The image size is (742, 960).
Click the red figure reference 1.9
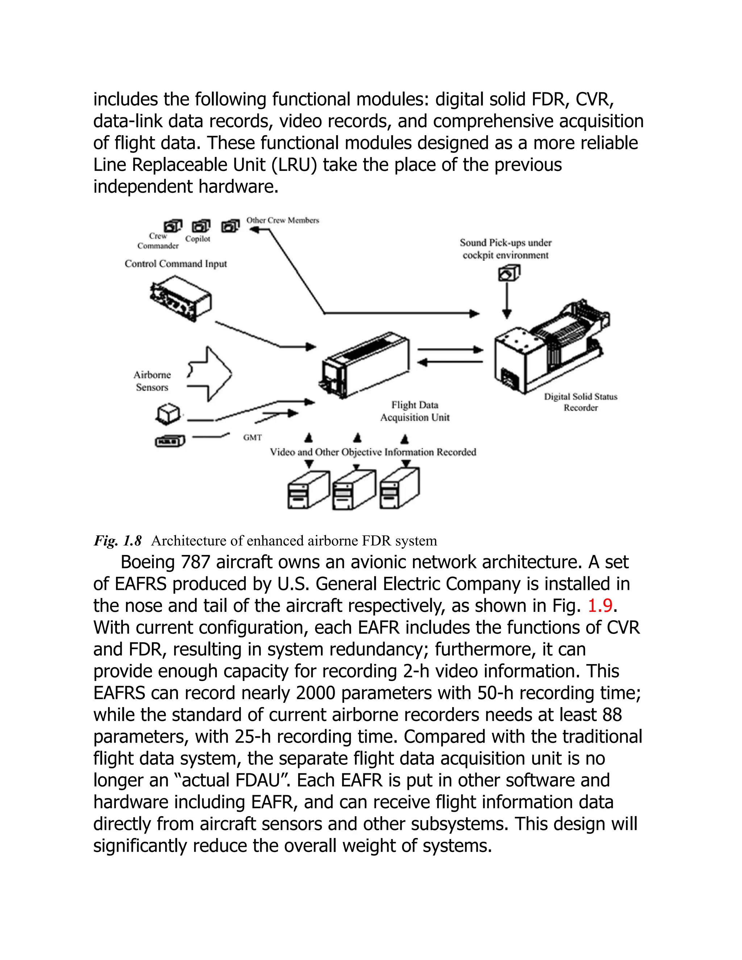[600, 606]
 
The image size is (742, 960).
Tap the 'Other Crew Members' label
[283, 220]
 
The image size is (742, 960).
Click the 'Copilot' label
[198, 239]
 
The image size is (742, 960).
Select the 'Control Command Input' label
[176, 264]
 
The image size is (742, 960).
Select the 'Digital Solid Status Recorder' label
[581, 402]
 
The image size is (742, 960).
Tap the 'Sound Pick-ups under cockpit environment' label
[505, 249]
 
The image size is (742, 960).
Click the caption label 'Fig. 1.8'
[117, 540]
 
